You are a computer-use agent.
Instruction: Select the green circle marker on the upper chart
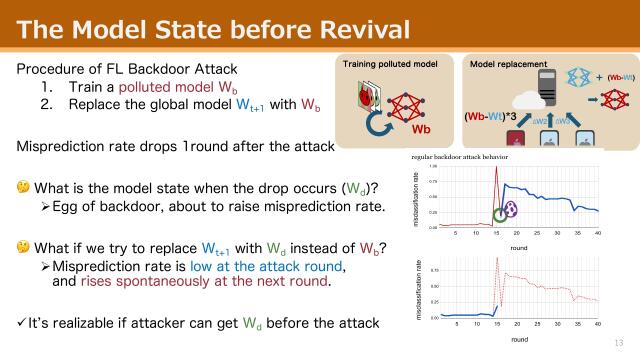[498, 213]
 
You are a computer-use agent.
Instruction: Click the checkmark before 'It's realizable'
[22, 322]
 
